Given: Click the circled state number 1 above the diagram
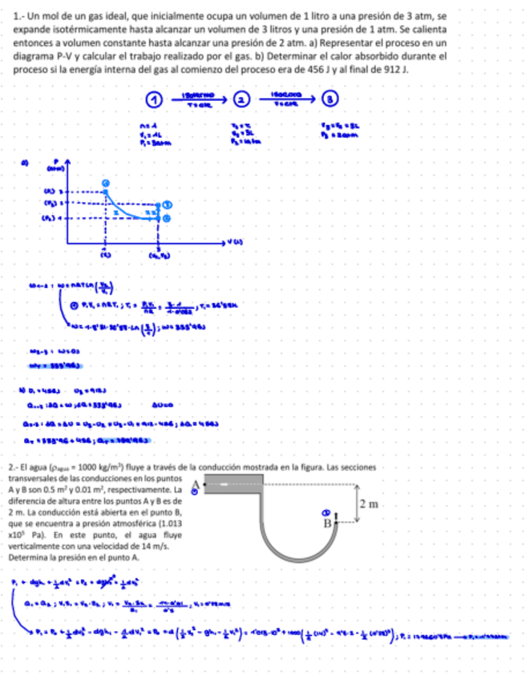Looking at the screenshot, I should click(153, 99).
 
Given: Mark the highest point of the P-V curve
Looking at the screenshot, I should click(104, 184).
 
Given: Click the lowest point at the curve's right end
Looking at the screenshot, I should click(167, 217).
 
